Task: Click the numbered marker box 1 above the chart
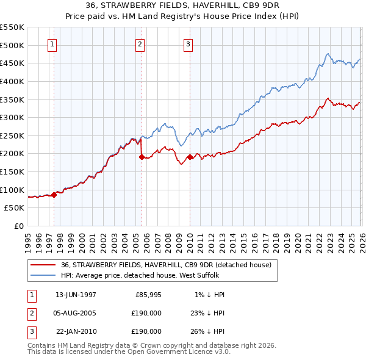coord(52,44)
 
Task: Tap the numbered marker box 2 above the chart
coord(140,44)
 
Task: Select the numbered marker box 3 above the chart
coord(188,44)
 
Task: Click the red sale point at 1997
coord(54,195)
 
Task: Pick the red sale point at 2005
coord(142,157)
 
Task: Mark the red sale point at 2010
coord(190,157)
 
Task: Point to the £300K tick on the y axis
coord(13,117)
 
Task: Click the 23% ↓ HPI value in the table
coord(209,313)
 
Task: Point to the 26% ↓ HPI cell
coord(209,331)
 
